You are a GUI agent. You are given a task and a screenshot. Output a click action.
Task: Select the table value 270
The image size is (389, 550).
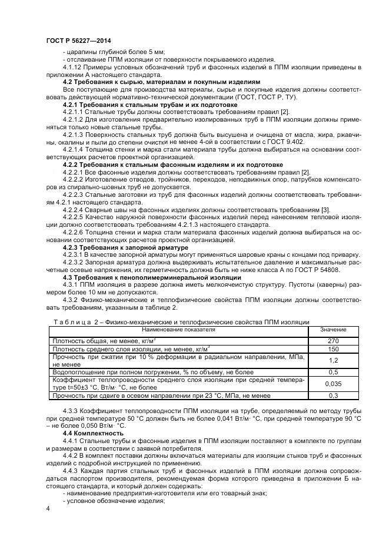(x=333, y=340)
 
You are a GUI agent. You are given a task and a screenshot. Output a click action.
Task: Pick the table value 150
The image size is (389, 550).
(x=333, y=349)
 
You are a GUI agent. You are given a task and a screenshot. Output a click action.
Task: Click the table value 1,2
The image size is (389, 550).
(x=333, y=360)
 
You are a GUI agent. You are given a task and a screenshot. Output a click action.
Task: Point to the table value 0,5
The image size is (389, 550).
(x=333, y=372)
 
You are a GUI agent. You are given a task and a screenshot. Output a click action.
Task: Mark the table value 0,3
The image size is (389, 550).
(x=333, y=395)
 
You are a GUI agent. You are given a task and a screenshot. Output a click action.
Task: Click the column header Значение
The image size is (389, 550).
(x=333, y=330)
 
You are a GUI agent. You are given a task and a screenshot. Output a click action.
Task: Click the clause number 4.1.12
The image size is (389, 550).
(x=73, y=67)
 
